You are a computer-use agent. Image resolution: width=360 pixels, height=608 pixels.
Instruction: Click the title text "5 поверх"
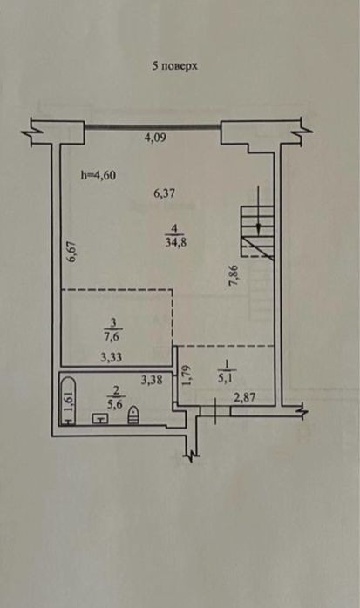tap(174, 66)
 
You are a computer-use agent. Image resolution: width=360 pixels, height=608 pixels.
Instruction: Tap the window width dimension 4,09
tap(155, 138)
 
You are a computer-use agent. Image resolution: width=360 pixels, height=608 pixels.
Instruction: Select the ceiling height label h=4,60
tap(98, 175)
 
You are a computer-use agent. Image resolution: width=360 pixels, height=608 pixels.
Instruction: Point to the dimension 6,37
tap(164, 193)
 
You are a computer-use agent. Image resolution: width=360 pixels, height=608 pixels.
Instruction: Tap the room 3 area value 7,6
tap(112, 336)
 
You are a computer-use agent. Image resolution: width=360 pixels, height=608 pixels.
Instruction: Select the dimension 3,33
tap(111, 357)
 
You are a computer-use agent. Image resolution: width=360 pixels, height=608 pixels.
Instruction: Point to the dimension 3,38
tap(152, 381)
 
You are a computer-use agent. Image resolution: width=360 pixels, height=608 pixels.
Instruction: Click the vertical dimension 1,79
tap(187, 375)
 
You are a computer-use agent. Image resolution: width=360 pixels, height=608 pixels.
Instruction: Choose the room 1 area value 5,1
tap(225, 378)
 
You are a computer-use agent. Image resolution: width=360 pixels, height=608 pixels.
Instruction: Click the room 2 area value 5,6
tap(114, 405)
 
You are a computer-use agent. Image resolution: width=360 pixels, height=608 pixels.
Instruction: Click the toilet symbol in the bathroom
tap(133, 415)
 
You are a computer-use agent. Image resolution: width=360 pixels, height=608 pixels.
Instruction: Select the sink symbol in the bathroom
tap(100, 418)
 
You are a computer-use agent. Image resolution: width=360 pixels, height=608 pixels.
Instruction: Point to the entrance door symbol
tap(215, 411)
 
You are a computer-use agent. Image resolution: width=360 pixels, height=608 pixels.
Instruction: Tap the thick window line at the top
tap(153, 125)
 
